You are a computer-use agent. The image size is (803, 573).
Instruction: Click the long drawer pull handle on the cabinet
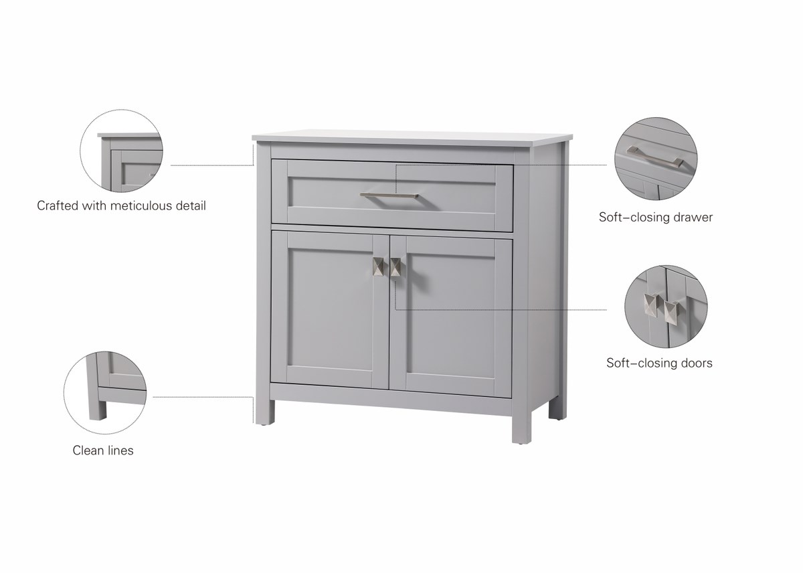coord(389,195)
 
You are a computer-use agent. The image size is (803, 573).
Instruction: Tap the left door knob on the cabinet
coord(378,266)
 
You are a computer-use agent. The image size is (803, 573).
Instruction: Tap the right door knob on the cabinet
coord(395,267)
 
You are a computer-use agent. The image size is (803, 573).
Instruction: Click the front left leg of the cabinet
coord(265,412)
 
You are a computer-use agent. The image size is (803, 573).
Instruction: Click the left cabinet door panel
coord(330,310)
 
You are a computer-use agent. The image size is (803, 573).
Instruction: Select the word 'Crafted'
coord(58,206)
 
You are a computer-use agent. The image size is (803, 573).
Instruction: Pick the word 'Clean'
coord(88,451)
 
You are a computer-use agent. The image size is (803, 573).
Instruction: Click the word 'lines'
coord(120,451)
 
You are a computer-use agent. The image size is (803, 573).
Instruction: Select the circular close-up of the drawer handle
coord(656,159)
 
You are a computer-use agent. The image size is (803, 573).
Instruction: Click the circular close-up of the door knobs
coord(666,307)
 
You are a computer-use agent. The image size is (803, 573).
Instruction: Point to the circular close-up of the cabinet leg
coord(105,393)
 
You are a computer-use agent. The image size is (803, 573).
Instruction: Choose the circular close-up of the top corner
coord(121,151)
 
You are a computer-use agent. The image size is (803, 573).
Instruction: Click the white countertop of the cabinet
coord(412,138)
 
